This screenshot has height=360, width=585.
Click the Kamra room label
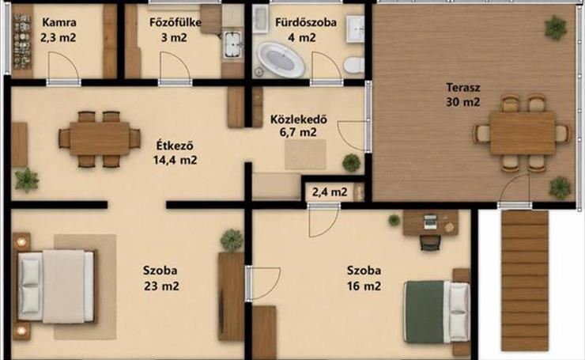(59, 22)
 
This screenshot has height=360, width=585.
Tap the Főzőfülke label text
(175, 22)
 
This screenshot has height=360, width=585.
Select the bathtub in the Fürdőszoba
(281, 60)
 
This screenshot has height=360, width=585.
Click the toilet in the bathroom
(353, 66)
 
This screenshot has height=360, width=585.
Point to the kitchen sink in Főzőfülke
(233, 45)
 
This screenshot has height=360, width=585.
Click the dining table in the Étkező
(100, 138)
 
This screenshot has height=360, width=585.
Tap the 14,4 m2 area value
(175, 160)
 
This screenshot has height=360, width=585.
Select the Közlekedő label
(299, 119)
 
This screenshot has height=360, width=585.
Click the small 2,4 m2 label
(330, 192)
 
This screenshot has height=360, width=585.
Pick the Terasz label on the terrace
(463, 87)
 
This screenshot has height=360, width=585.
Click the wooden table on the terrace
(523, 133)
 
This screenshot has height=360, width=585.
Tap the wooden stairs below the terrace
(525, 281)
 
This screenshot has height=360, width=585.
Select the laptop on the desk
(430, 222)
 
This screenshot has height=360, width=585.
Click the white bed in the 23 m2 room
(56, 286)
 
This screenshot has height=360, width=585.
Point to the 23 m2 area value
(161, 286)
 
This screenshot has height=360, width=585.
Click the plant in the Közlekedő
(352, 163)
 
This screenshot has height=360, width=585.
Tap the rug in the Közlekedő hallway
(305, 154)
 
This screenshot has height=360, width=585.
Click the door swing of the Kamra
(64, 66)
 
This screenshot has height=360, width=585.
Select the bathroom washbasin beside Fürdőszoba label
(355, 28)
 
